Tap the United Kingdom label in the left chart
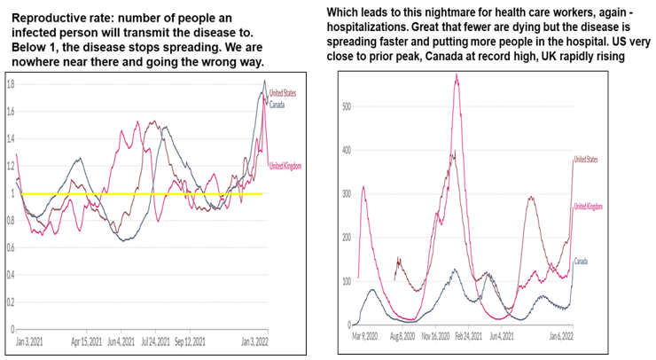(x=286, y=165)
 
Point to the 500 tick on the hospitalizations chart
(x=348, y=106)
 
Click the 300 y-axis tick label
(x=348, y=194)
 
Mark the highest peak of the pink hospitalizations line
(x=456, y=74)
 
